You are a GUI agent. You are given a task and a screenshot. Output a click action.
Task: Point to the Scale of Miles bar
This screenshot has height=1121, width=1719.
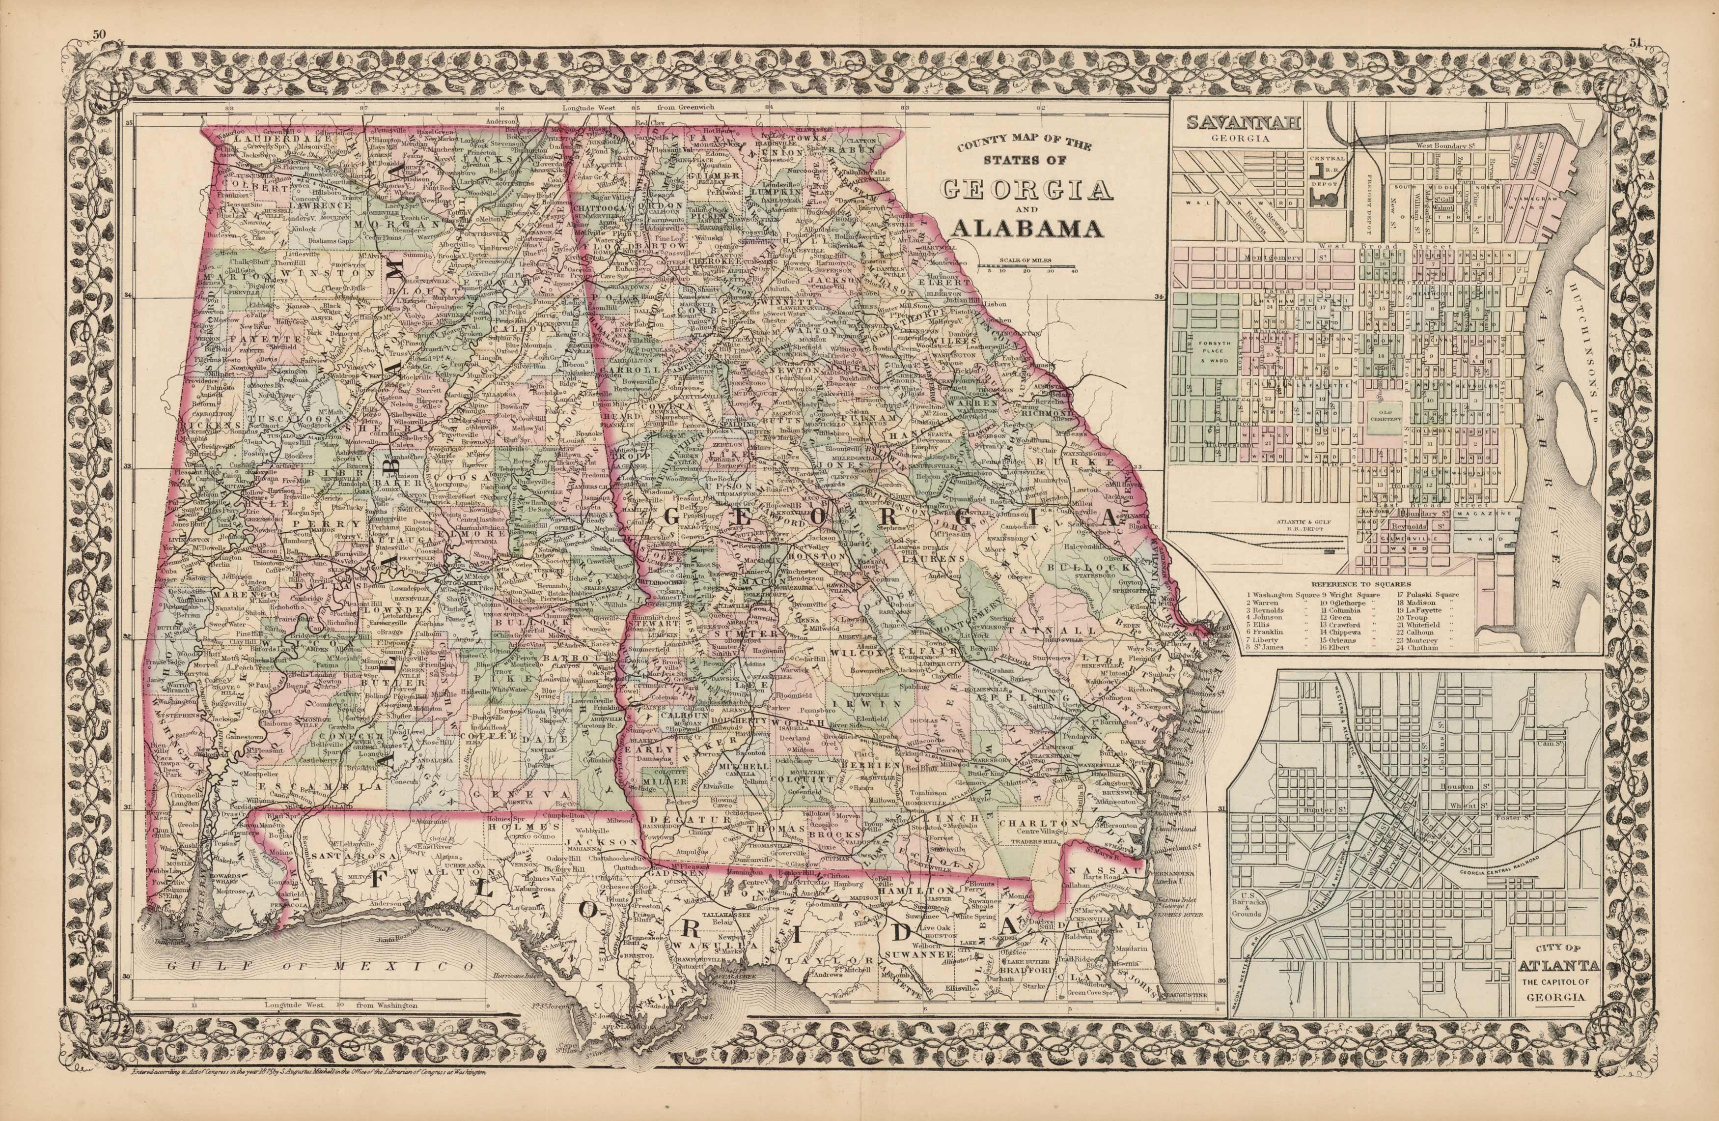[x=1026, y=266]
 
